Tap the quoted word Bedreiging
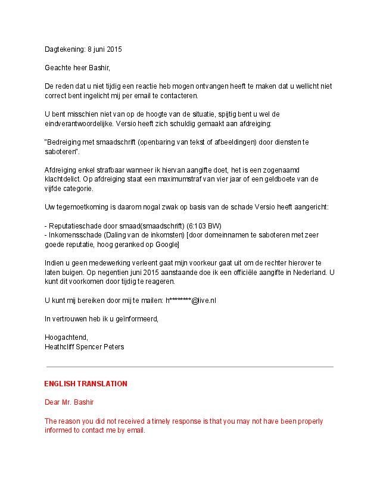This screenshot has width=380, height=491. click(64, 143)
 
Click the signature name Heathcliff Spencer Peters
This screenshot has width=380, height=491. click(84, 346)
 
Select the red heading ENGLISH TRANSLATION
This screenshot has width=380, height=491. click(86, 384)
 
